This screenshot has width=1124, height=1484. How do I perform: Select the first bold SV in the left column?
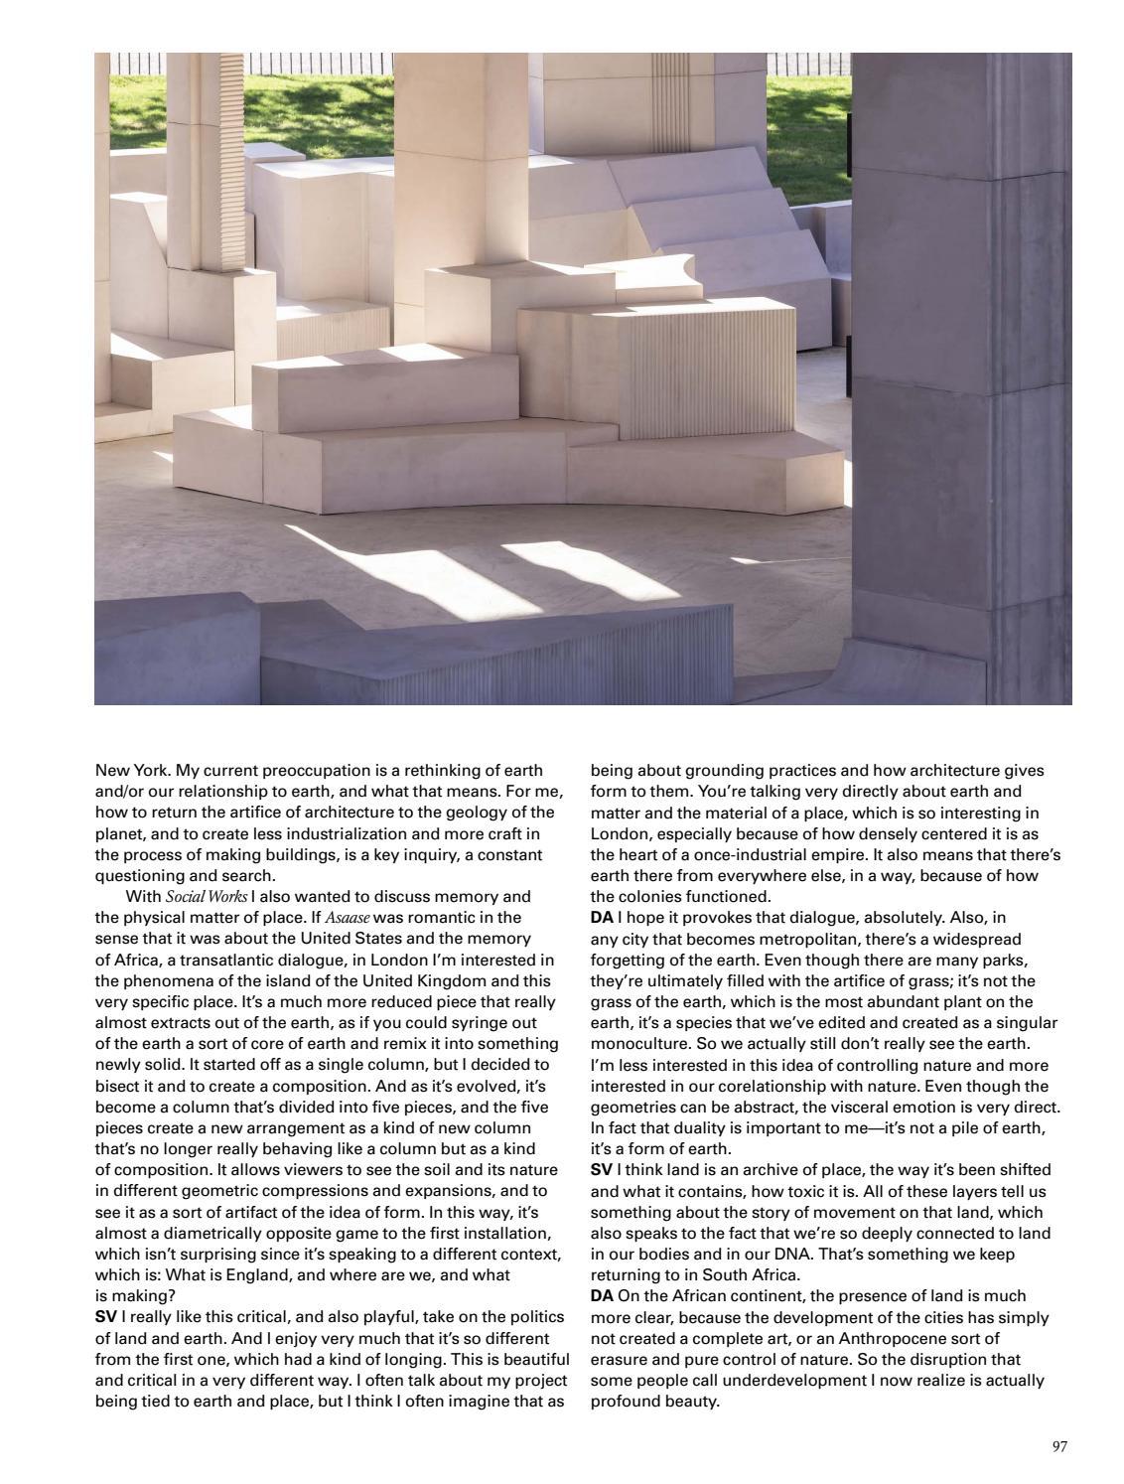[105, 1317]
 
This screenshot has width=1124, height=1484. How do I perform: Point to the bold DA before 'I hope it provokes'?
[602, 917]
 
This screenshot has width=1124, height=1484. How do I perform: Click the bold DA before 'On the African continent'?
[602, 1295]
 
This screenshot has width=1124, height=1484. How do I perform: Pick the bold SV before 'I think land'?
[602, 1169]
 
